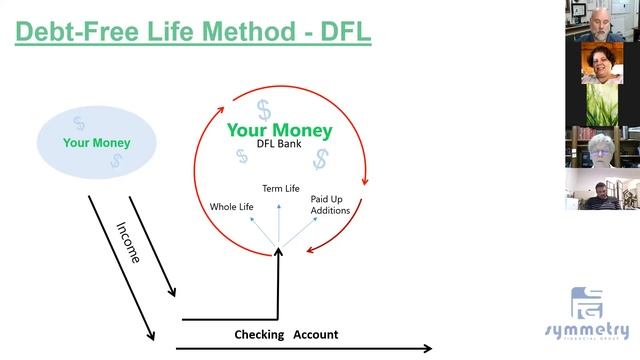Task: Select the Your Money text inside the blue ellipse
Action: pyautogui.click(x=97, y=142)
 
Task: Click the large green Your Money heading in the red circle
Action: pyautogui.click(x=279, y=130)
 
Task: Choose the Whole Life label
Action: pyautogui.click(x=231, y=207)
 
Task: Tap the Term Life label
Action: pyautogui.click(x=281, y=188)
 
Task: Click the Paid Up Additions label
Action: pyautogui.click(x=329, y=204)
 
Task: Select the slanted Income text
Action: pyautogui.click(x=129, y=242)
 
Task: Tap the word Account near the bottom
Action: pyautogui.click(x=316, y=335)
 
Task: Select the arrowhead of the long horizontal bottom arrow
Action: pyautogui.click(x=428, y=348)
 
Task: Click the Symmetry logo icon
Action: pyautogui.click(x=587, y=304)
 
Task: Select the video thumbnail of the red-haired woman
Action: pyautogui.click(x=602, y=62)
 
